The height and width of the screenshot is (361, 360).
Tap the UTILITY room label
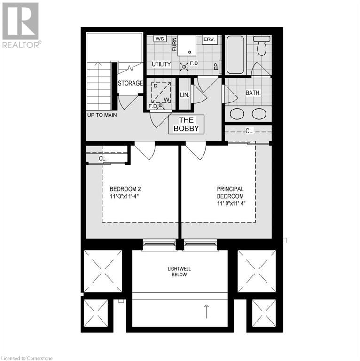pyautogui.click(x=161, y=64)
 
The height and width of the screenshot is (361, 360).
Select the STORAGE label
pyautogui.click(x=130, y=84)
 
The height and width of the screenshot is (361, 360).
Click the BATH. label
pyautogui.click(x=253, y=93)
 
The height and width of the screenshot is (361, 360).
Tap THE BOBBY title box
pyautogui.click(x=187, y=124)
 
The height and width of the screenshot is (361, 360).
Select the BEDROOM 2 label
pyautogui.click(x=122, y=189)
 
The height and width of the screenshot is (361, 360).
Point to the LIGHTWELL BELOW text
pyautogui.click(x=180, y=271)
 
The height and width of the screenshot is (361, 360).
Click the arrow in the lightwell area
pyautogui.click(x=206, y=311)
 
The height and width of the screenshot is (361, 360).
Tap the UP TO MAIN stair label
pyautogui.click(x=102, y=115)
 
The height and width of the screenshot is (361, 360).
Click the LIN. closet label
pyautogui.click(x=185, y=94)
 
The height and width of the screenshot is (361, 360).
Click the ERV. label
pyautogui.click(x=209, y=39)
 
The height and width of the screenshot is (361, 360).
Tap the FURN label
pyautogui.click(x=174, y=45)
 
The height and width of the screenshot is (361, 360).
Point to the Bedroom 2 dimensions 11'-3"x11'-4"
pyautogui.click(x=122, y=196)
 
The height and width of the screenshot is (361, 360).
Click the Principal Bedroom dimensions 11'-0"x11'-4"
pyautogui.click(x=232, y=204)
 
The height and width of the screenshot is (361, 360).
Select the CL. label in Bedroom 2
pyautogui.click(x=102, y=158)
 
